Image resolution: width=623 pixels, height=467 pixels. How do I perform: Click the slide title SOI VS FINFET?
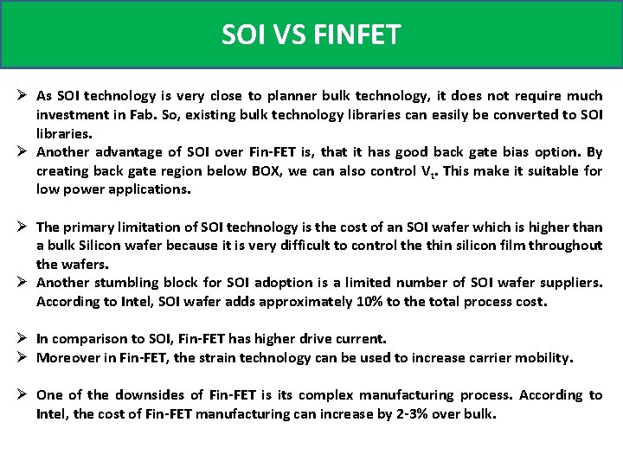[x=311, y=35]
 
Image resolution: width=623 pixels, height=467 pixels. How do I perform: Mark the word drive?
[x=312, y=339]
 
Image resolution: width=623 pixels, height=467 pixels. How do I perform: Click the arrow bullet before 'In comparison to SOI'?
[x=23, y=339]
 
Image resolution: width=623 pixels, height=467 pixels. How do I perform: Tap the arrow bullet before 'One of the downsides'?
[x=23, y=395]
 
